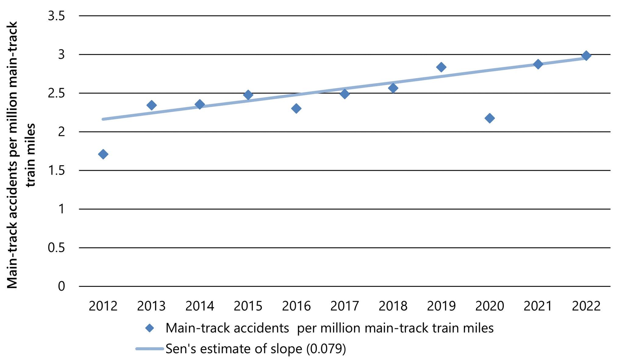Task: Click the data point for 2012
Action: (103, 154)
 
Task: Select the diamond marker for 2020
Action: (489, 118)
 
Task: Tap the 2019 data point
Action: (441, 67)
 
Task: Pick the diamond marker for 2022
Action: (586, 56)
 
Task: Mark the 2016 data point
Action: (296, 108)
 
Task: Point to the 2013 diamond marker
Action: (152, 105)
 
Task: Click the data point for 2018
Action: (393, 88)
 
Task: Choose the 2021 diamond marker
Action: (538, 64)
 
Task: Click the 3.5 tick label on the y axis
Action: (56, 16)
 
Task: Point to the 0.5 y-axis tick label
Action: (56, 248)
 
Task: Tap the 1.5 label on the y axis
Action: (56, 170)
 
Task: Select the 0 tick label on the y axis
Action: (61, 287)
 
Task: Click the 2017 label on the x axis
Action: (345, 306)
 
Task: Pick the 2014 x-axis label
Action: (200, 306)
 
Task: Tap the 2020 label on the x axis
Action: (489, 306)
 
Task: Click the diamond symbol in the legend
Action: (150, 328)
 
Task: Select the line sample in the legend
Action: (150, 349)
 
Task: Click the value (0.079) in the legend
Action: (326, 349)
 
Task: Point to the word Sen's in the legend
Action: (181, 349)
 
